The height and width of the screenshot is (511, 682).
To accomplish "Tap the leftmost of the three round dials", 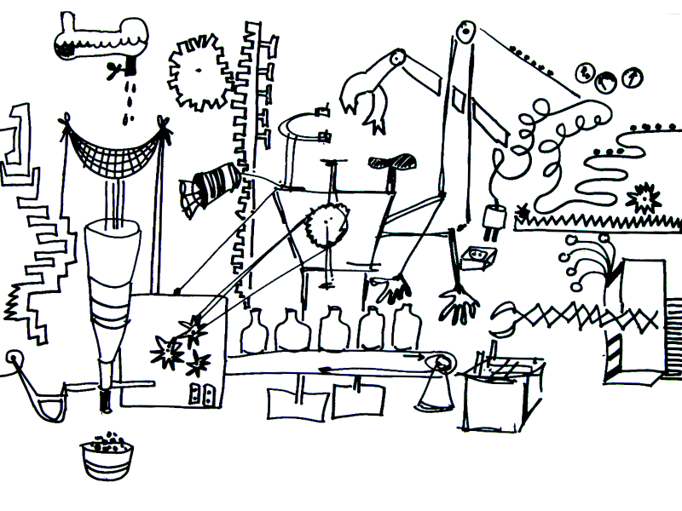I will tap(586, 72).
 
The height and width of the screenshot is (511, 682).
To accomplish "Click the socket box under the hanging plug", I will tap(475, 255).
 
